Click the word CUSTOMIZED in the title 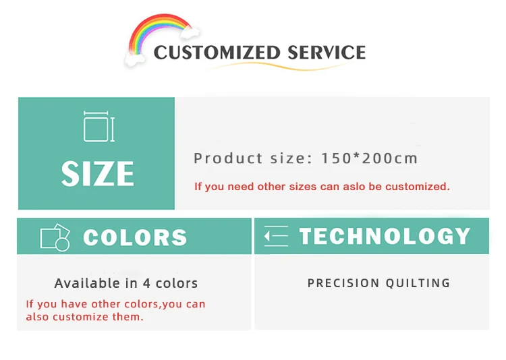[x=216, y=53]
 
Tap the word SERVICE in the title [x=327, y=53]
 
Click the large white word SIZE [x=98, y=173]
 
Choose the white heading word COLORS [x=136, y=237]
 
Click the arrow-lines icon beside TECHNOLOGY [x=276, y=236]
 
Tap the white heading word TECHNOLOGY [x=385, y=236]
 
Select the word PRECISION [x=343, y=283]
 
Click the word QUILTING [x=418, y=283]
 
